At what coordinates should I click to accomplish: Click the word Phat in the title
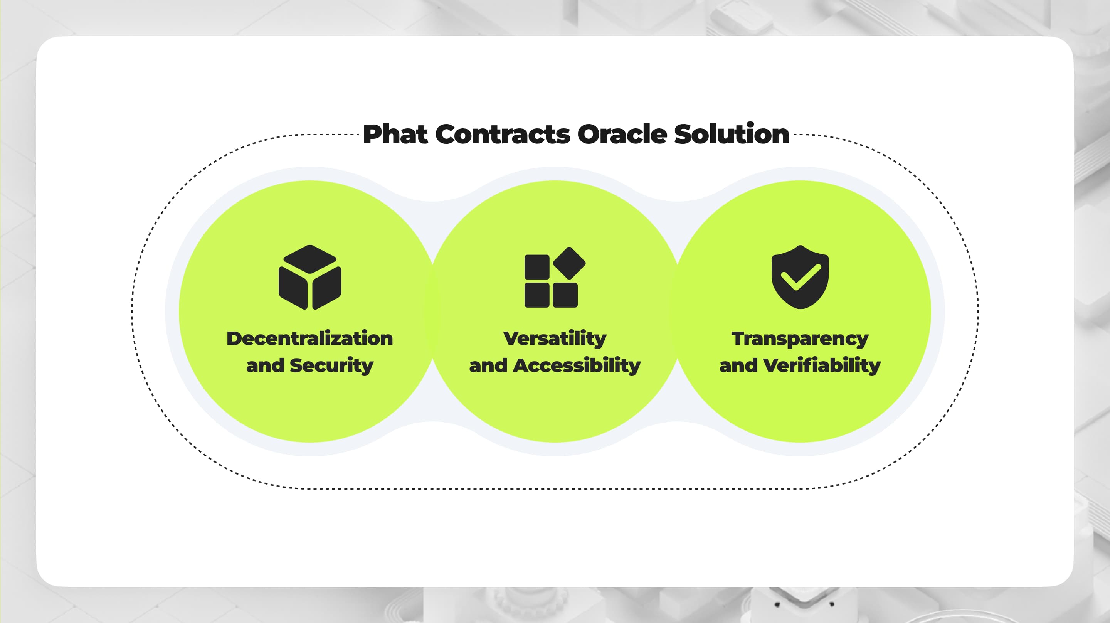point(395,134)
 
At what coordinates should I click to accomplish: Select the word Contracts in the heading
point(503,134)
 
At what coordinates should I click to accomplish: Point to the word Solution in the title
point(731,134)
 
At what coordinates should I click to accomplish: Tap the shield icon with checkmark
point(800,277)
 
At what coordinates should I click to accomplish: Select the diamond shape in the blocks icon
point(569,263)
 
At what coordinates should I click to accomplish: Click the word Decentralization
point(309,338)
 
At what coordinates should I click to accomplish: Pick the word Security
point(331,365)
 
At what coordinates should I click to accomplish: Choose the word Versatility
point(555,338)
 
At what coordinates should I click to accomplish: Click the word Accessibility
point(577,365)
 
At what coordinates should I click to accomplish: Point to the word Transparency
point(800,339)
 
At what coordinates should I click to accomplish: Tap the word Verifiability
point(822,365)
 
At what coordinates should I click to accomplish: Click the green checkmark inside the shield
point(801,277)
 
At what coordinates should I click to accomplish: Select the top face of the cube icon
point(310,259)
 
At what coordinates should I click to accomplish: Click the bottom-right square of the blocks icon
point(565,295)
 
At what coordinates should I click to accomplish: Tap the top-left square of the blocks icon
point(536,267)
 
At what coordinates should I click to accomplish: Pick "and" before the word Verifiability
point(738,365)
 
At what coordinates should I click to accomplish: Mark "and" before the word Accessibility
point(488,365)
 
